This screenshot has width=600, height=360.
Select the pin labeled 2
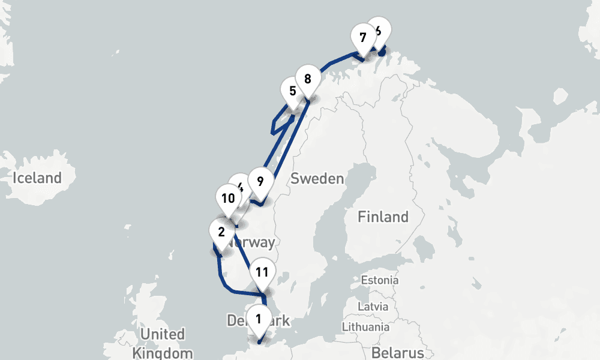(x=222, y=232)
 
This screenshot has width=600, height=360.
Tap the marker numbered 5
(x=293, y=91)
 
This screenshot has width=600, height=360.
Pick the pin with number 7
(x=362, y=37)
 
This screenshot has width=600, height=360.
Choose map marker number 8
(x=308, y=78)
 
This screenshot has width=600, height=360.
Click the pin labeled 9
(x=260, y=181)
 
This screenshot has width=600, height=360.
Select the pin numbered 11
(x=262, y=271)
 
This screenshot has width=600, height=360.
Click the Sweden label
(x=317, y=178)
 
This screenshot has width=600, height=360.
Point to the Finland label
(x=383, y=216)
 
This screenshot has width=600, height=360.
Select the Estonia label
(x=379, y=280)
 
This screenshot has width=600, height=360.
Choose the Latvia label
(x=374, y=306)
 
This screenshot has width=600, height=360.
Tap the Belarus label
(x=397, y=352)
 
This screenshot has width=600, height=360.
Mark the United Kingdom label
(x=163, y=343)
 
